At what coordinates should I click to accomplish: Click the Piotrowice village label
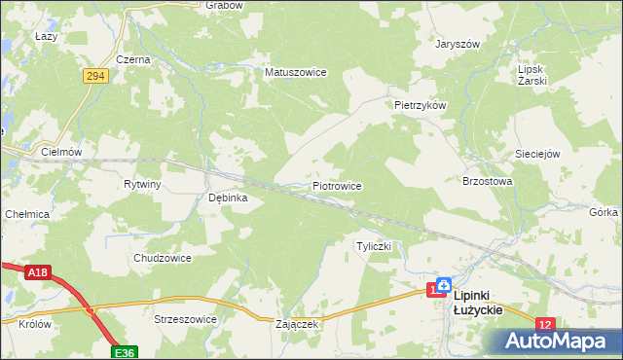click(337, 185)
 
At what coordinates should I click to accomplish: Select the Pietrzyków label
click(420, 104)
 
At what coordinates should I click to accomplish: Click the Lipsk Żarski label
click(533, 76)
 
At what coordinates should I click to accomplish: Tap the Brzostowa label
click(487, 181)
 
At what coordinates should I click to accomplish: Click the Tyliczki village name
click(374, 246)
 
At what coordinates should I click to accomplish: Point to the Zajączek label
click(297, 325)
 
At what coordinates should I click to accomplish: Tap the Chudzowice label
click(162, 258)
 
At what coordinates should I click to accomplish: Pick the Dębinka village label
click(229, 198)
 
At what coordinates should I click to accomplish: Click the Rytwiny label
click(142, 184)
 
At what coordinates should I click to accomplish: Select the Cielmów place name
click(61, 152)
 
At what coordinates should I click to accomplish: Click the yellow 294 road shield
click(94, 75)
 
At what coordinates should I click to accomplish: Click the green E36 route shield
click(123, 351)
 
